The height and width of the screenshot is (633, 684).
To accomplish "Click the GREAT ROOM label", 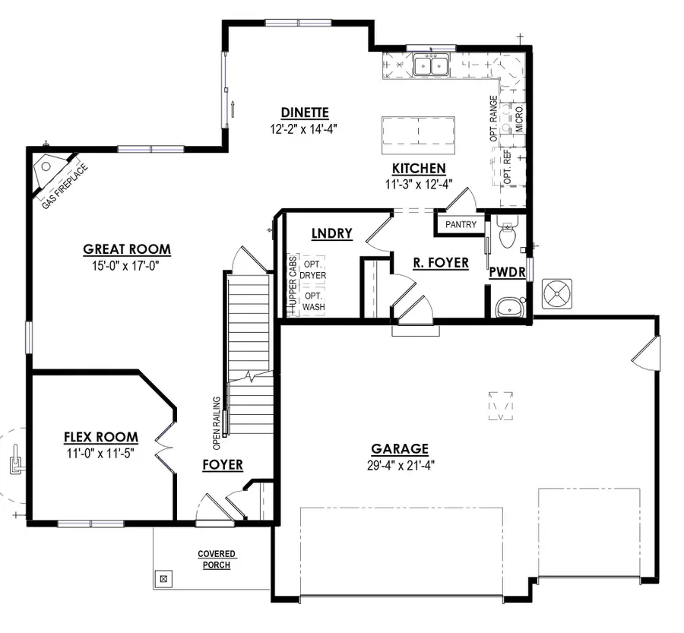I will pyautogui.click(x=127, y=249).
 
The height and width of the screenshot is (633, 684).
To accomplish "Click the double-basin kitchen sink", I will pyautogui.click(x=432, y=66).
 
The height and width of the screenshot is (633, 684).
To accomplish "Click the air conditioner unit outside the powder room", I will pyautogui.click(x=559, y=293).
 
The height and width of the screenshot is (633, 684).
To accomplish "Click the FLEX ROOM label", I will pyautogui.click(x=100, y=437).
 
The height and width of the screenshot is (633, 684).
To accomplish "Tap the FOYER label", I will pyautogui.click(x=223, y=464).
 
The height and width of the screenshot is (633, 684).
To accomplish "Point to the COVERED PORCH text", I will pyautogui.click(x=217, y=560).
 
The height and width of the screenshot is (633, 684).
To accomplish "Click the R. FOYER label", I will pyautogui.click(x=441, y=264).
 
